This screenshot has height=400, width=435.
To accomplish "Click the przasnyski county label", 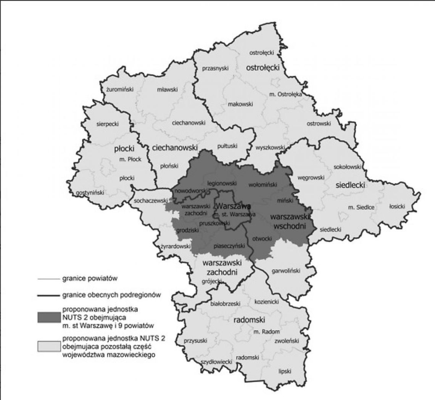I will coord(215,69).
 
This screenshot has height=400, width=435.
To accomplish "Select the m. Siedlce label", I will coord(361,207).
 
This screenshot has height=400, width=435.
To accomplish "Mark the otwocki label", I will coord(261,239).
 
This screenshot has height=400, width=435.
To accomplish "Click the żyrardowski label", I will coord(176,246).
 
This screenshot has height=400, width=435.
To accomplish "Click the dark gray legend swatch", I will coord(49,317).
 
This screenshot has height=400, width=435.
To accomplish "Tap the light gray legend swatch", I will coord(49,346).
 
